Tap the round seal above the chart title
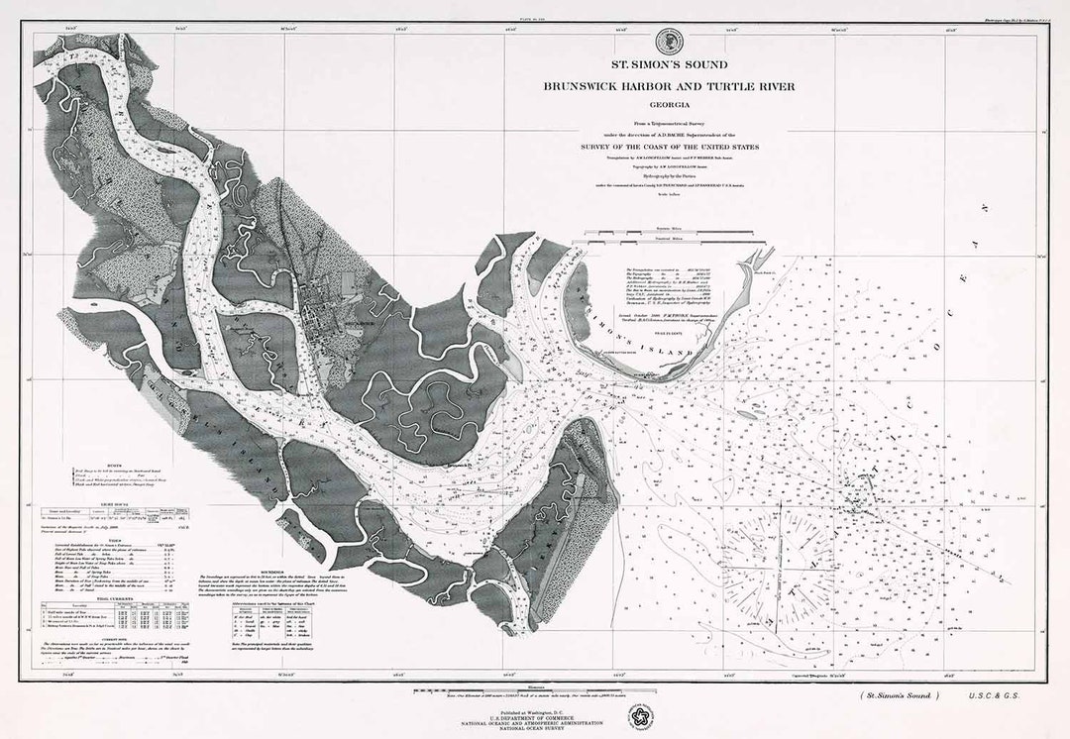pos(669,41)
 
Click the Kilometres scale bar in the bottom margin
pos(535,687)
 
